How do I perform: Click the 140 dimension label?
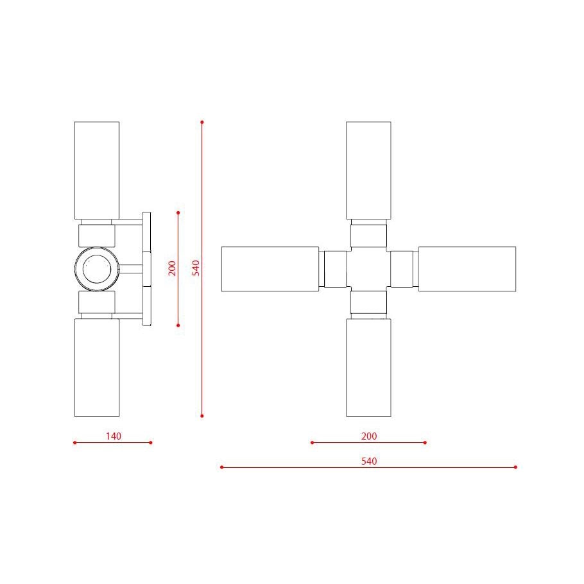point(113,436)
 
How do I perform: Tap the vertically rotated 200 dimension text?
point(172,268)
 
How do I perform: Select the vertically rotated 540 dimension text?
point(196,268)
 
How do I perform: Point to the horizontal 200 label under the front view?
point(369,436)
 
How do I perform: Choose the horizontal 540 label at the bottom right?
point(369,461)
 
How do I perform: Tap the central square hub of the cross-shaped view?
point(368,269)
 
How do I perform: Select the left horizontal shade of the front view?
point(270,269)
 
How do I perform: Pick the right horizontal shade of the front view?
point(467,269)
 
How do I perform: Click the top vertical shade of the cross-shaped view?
point(368,171)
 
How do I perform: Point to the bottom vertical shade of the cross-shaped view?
point(368,367)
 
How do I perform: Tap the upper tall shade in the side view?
point(97,171)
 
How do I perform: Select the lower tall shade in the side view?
point(97,367)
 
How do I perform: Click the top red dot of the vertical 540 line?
point(202,121)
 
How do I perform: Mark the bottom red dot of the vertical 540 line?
point(202,416)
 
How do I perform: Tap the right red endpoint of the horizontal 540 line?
point(516,467)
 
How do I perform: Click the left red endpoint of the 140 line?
point(74,442)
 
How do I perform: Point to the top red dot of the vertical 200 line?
point(178,212)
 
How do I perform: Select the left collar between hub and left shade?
point(334,269)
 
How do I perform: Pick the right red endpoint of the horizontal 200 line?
point(425,442)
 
